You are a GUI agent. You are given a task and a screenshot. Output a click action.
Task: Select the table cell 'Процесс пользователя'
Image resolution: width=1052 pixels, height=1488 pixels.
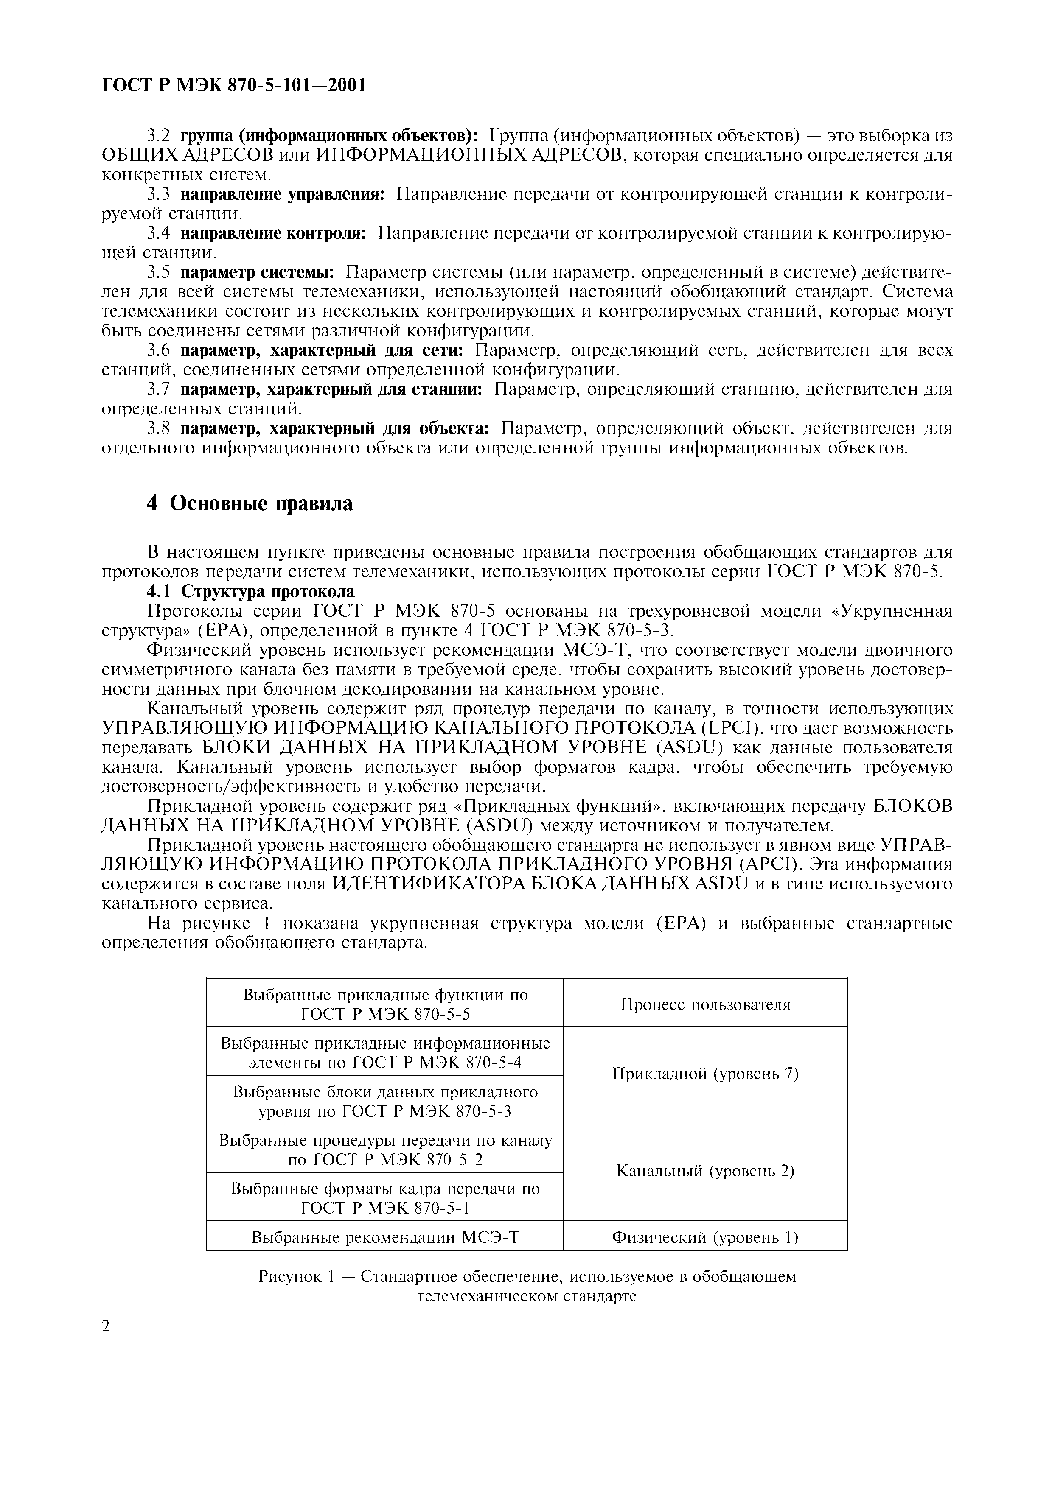[705, 1004]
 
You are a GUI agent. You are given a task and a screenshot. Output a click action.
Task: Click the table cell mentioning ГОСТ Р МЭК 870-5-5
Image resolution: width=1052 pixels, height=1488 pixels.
[385, 1004]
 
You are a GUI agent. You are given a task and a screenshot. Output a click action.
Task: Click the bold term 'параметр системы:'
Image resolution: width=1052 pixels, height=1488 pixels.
[257, 272]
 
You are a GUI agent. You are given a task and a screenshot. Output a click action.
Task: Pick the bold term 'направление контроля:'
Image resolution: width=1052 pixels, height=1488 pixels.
[274, 233]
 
